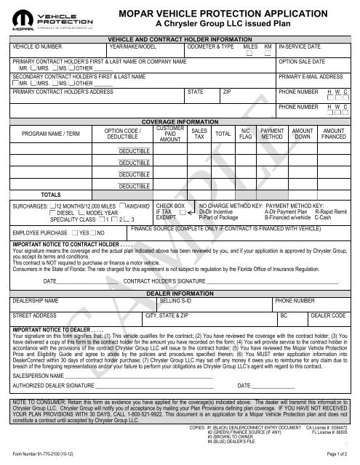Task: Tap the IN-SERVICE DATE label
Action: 302,46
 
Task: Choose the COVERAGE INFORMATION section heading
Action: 179,121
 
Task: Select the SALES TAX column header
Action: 199,133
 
